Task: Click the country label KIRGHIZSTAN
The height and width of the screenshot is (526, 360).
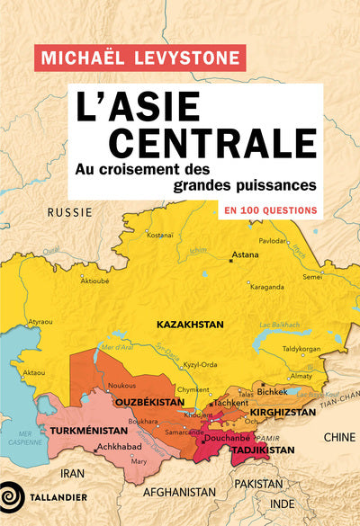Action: click(283, 412)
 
